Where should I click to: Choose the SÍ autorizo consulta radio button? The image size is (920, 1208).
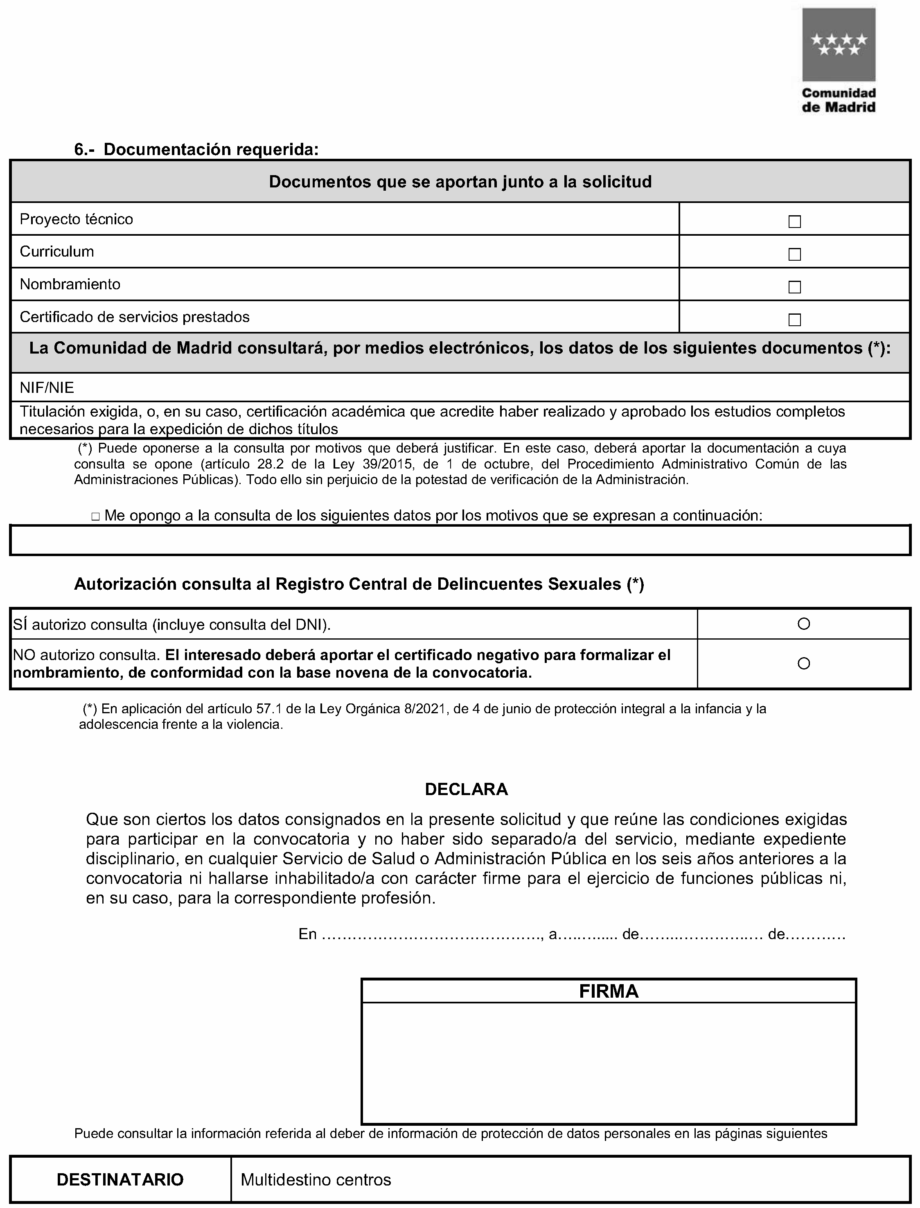[803, 623]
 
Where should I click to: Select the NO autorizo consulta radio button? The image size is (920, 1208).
[803, 664]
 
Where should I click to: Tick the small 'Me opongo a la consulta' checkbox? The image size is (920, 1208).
[95, 516]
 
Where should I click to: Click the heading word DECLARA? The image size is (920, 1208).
[466, 789]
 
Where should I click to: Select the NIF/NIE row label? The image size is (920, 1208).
[47, 388]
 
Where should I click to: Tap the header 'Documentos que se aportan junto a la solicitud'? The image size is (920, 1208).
[460, 182]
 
